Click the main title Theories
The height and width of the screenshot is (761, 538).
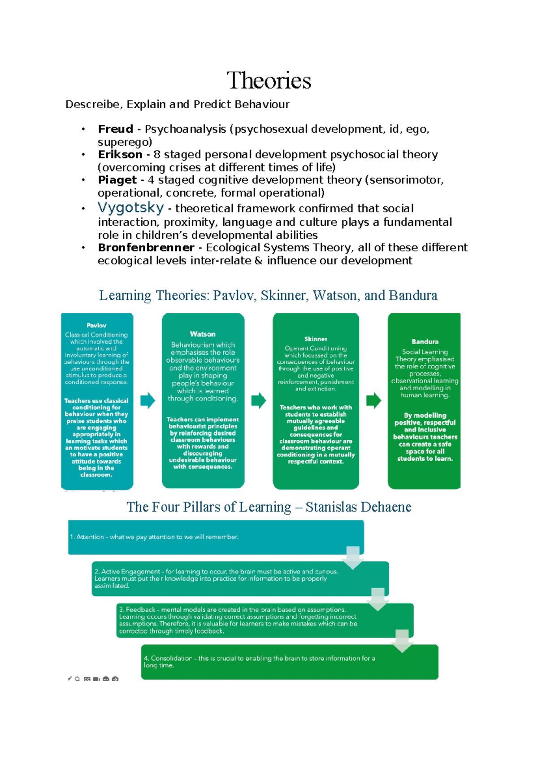pyautogui.click(x=269, y=81)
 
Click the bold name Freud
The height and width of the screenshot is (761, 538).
pyautogui.click(x=115, y=129)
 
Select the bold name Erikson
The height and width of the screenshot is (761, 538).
pyautogui.click(x=120, y=154)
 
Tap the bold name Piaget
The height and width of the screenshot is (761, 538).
pyautogui.click(x=117, y=180)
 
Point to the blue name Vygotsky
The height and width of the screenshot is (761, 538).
pyautogui.click(x=130, y=208)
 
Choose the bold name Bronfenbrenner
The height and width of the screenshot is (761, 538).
pyautogui.click(x=146, y=248)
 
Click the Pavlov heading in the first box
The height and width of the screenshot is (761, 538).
pyautogui.click(x=96, y=325)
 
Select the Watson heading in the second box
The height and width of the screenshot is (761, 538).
pyautogui.click(x=203, y=334)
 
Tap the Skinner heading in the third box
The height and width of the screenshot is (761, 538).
pyautogui.click(x=316, y=339)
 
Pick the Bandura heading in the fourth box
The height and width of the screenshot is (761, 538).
pyautogui.click(x=425, y=342)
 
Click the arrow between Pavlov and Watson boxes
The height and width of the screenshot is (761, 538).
pyautogui.click(x=148, y=400)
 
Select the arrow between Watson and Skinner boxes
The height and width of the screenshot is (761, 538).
pyautogui.click(x=258, y=400)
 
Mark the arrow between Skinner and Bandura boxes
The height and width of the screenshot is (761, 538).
pyautogui.click(x=373, y=400)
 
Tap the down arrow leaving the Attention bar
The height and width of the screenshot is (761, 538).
pyautogui.click(x=353, y=558)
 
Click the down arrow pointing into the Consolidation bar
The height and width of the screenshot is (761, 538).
pyautogui.click(x=402, y=641)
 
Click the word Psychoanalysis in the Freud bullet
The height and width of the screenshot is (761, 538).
pyautogui.click(x=185, y=129)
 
